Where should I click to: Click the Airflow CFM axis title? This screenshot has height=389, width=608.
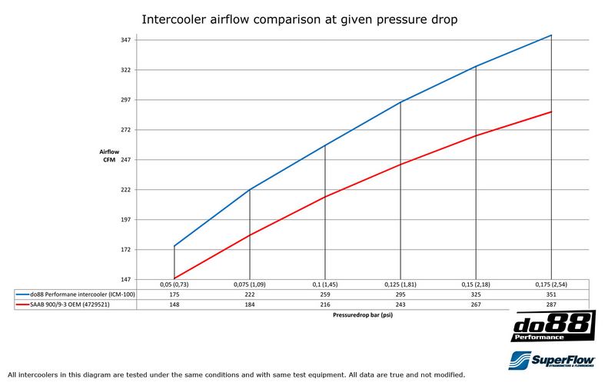point(109,155)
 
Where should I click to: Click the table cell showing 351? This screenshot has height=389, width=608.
point(552,294)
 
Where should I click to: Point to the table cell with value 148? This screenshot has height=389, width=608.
point(174,304)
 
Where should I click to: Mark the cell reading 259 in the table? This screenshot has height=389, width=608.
point(325,294)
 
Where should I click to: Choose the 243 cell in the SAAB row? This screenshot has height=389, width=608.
point(400,304)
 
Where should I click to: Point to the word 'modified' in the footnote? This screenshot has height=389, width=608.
point(448,374)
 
